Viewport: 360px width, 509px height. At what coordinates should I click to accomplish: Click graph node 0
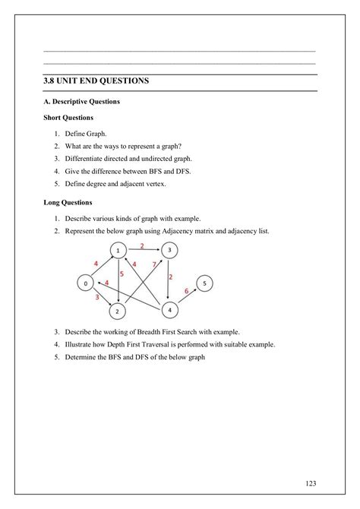pos(85,283)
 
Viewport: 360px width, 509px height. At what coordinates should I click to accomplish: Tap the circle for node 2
pos(118,311)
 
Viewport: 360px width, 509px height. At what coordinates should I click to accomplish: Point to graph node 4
pos(170,310)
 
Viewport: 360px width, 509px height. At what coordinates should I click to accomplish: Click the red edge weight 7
pos(154,264)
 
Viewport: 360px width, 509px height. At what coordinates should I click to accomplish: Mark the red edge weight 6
pos(186,291)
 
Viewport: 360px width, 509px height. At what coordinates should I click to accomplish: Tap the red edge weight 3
pos(96,298)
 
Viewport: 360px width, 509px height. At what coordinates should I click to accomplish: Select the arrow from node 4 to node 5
pos(188,297)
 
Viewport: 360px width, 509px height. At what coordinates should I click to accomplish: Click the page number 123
pos(309,483)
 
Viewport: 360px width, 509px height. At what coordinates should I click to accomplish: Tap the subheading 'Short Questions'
pos(68,118)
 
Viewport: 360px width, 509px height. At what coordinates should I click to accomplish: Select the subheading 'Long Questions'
pos(68,203)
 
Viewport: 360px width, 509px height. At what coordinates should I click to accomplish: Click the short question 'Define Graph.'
pos(87,134)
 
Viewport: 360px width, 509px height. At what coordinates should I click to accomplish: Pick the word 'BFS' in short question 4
pos(157,171)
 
